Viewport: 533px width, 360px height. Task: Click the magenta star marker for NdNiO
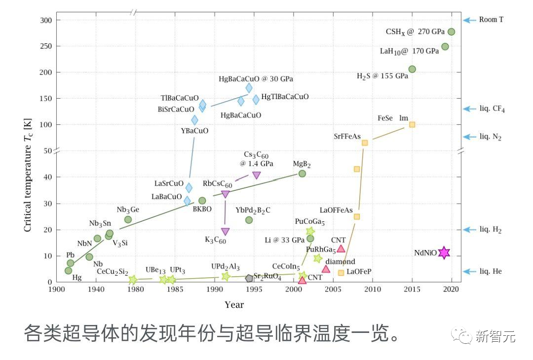click(444, 253)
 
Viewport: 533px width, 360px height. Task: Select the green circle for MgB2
click(302, 174)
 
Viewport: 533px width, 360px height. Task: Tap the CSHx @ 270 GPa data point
click(451, 32)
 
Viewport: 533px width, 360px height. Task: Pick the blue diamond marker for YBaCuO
click(194, 120)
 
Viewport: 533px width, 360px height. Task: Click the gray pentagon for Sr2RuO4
click(249, 278)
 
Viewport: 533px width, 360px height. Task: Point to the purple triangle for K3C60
click(225, 231)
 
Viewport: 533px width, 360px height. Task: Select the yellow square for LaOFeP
click(341, 273)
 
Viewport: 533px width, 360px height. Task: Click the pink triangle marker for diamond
click(326, 269)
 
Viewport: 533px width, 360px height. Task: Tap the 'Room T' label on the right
click(491, 20)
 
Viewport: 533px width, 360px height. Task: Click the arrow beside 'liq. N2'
click(469, 137)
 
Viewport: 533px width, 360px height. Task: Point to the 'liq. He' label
click(490, 271)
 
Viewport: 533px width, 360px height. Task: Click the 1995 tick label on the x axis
click(254, 289)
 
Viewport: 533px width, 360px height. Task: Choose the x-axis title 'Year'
click(234, 305)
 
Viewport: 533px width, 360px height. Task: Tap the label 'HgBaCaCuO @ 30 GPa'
click(255, 78)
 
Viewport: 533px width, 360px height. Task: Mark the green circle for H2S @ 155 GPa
click(412, 69)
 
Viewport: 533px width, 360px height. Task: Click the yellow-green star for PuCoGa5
click(310, 231)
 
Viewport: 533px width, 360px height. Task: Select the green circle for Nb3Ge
click(128, 219)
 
